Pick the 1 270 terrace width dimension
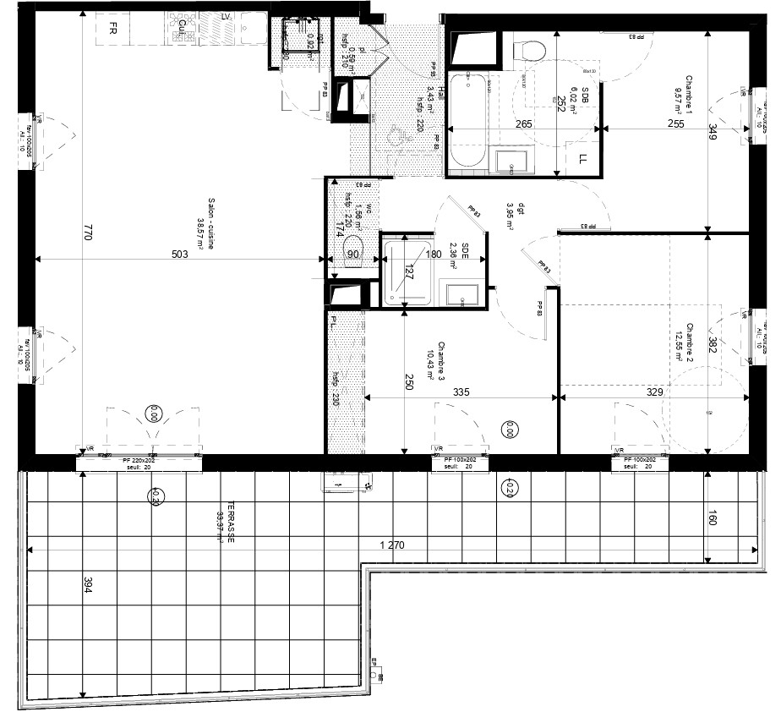coord(392,545)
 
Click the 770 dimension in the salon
coord(86,232)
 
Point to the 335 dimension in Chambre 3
coord(459,392)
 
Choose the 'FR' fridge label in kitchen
coord(112,27)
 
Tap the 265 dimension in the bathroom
coord(523,124)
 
